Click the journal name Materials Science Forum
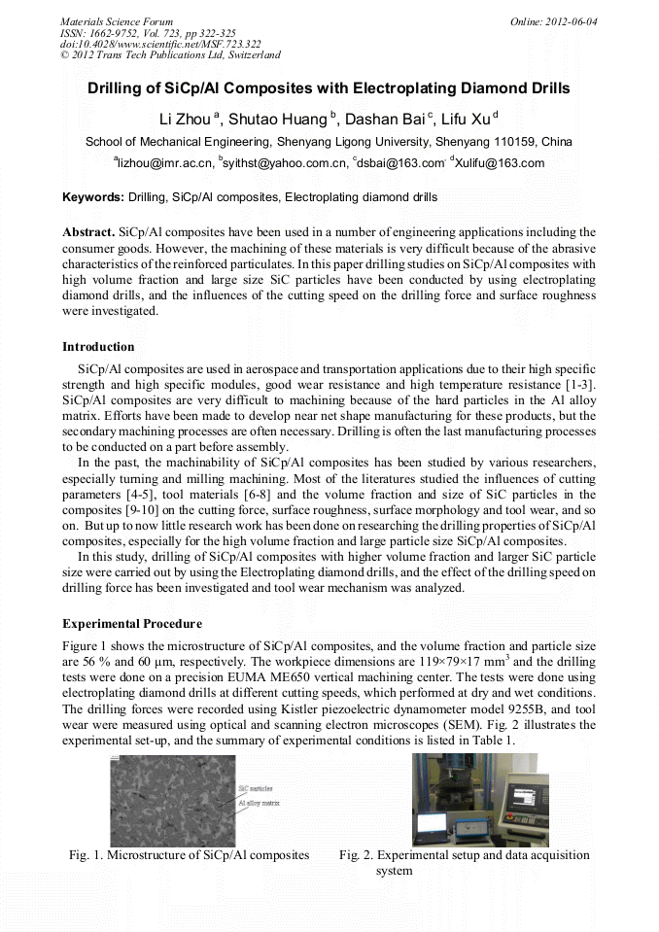point(117,20)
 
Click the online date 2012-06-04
point(564,20)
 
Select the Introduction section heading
point(98,347)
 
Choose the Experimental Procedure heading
point(132,622)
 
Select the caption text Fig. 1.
point(85,855)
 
